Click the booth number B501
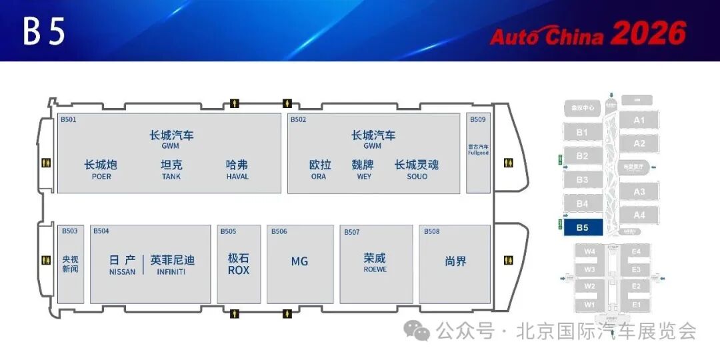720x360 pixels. click(69, 120)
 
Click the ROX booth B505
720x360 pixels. click(239, 265)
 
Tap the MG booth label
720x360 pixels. click(299, 261)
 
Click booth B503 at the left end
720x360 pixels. click(70, 264)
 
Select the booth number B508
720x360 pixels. click(432, 231)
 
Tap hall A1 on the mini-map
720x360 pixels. click(639, 121)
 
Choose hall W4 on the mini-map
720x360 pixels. click(589, 251)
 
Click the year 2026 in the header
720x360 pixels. click(648, 34)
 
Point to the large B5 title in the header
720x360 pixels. click(44, 31)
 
